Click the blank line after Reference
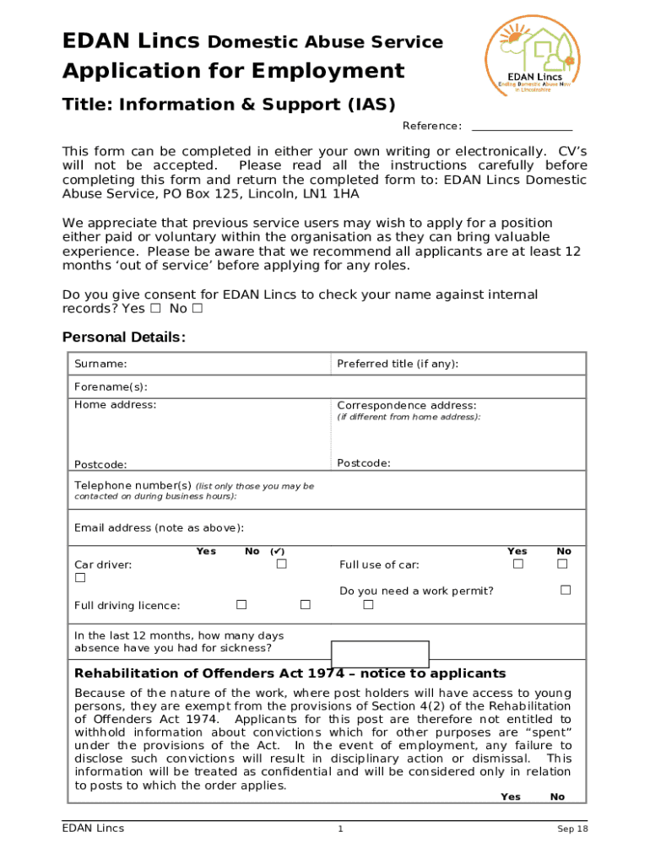(x=521, y=127)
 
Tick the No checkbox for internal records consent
(x=197, y=309)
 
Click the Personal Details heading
(x=124, y=337)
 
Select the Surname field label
(x=100, y=364)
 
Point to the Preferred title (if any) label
(x=398, y=364)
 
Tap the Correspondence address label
(x=407, y=406)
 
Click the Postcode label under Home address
(x=100, y=465)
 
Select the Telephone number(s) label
(x=133, y=486)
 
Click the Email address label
(x=159, y=528)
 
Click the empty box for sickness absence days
(x=380, y=654)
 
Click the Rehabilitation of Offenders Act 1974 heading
(x=290, y=673)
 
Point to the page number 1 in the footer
(x=340, y=829)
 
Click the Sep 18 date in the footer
(x=571, y=829)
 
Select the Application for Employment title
(x=233, y=71)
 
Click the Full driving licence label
(x=127, y=606)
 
